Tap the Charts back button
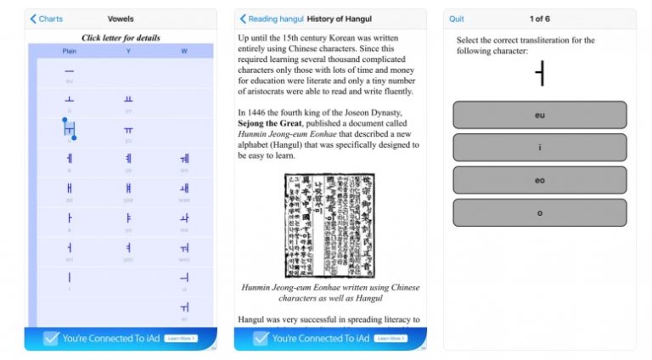tap(46, 19)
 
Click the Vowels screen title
tap(121, 19)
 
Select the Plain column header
tap(70, 51)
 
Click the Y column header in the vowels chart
tap(128, 51)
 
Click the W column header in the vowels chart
tap(184, 51)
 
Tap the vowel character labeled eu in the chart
tap(70, 72)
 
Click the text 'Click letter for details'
tap(121, 37)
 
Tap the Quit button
tap(457, 19)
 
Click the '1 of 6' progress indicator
tap(540, 19)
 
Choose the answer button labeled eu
tap(540, 115)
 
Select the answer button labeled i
tap(540, 147)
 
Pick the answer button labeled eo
tap(540, 180)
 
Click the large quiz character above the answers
tap(540, 76)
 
